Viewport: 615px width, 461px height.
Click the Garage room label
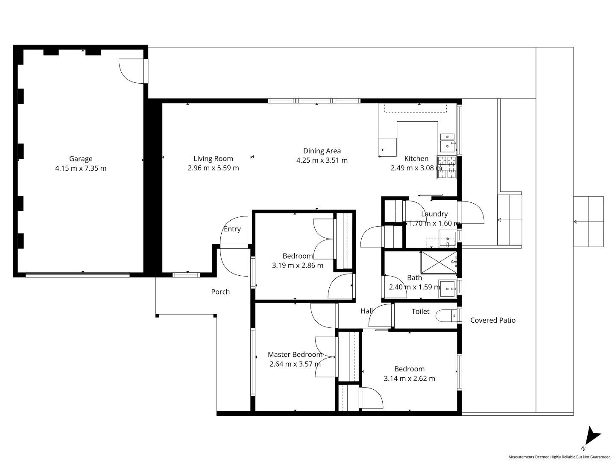point(81,159)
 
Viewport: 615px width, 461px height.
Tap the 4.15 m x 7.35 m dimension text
point(81,168)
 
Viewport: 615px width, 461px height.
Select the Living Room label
point(213,158)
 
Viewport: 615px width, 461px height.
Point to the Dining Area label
point(322,151)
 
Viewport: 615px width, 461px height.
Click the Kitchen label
point(416,158)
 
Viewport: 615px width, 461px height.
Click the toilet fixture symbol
point(446,316)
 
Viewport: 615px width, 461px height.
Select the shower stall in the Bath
point(439,262)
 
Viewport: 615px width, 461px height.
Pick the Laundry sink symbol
point(448,239)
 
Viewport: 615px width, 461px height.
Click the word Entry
point(232,229)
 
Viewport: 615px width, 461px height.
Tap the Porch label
point(220,292)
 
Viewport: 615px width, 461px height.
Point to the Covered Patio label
point(493,320)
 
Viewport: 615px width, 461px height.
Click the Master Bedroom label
point(295,354)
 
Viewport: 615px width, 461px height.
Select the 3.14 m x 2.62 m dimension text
point(409,379)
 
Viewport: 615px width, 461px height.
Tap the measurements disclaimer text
point(559,457)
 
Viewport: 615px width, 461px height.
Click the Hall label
point(366,311)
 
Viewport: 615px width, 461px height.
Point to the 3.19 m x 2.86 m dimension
point(298,266)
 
